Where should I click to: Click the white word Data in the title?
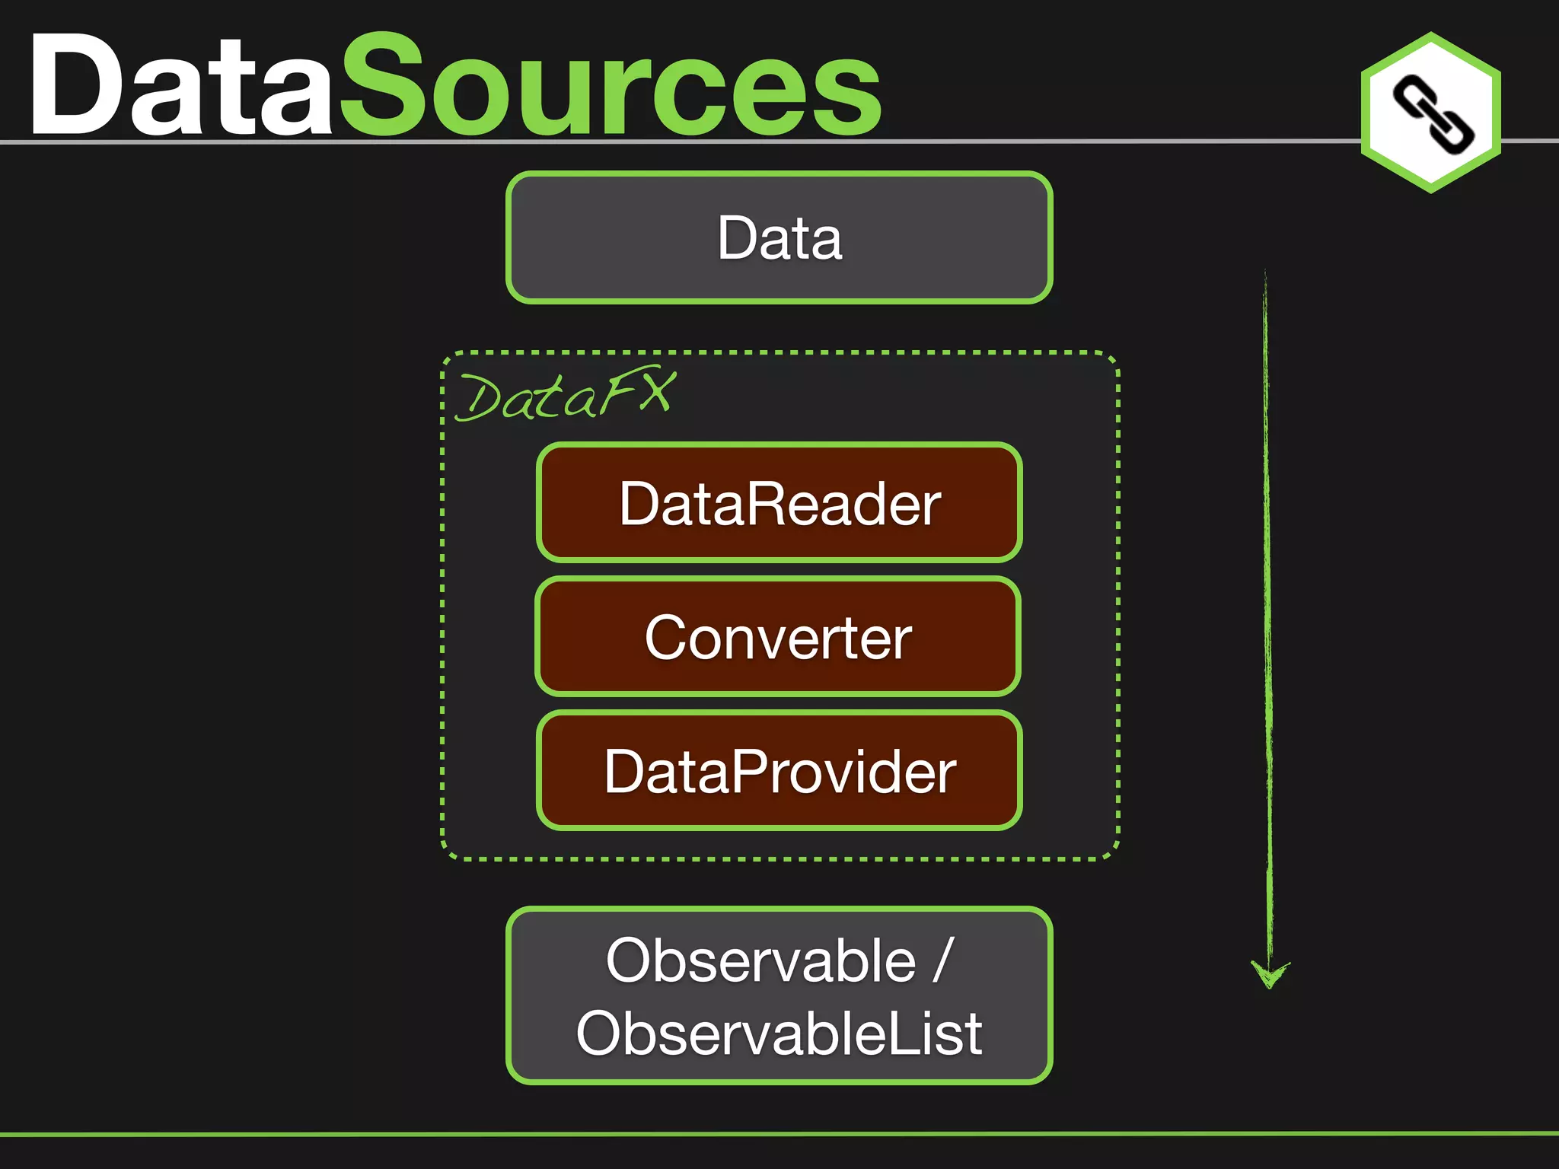point(181,85)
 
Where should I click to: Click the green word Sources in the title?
point(609,85)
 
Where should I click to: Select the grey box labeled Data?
point(779,237)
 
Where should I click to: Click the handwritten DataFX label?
point(565,396)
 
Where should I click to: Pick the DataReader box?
point(779,503)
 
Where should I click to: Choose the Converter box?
point(778,637)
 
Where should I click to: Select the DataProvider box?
point(779,771)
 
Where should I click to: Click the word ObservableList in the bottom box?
point(779,1034)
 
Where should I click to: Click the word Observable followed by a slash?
point(761,960)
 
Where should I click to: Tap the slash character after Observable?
point(943,960)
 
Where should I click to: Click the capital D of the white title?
point(76,85)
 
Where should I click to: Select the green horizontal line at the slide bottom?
point(779,1134)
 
